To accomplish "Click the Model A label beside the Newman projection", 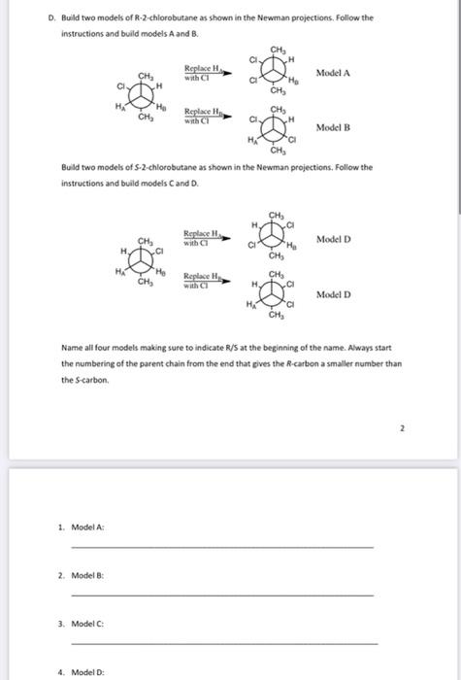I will pyautogui.click(x=333, y=73).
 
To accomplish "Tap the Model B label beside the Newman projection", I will pyautogui.click(x=333, y=127).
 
